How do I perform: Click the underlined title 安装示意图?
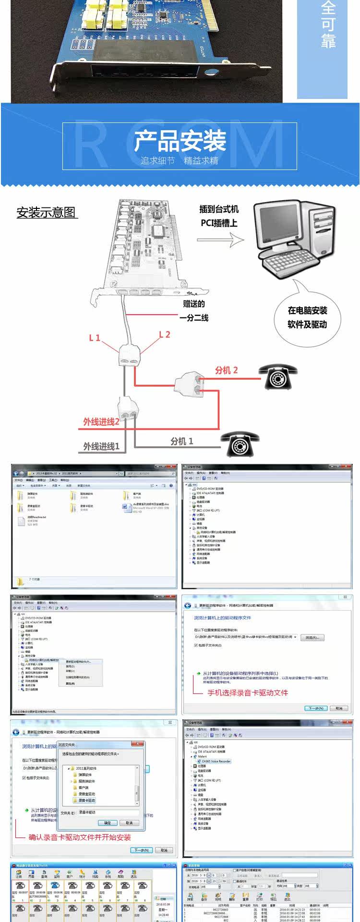[x=47, y=213]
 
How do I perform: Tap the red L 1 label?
[x=95, y=338]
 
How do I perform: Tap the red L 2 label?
[x=164, y=335]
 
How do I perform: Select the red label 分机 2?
[x=226, y=370]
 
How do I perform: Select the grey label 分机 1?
[x=182, y=441]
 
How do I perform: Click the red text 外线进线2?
[x=101, y=422]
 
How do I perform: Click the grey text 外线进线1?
[x=101, y=447]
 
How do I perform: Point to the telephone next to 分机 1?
[x=240, y=443]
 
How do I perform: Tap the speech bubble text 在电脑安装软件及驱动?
[x=307, y=317]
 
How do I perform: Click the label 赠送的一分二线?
[x=194, y=311]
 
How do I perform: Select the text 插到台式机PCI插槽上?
[x=219, y=216]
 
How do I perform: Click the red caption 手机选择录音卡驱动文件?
[x=247, y=692]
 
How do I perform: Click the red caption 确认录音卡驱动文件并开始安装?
[x=80, y=837]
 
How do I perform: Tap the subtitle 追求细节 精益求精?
[x=180, y=160]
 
